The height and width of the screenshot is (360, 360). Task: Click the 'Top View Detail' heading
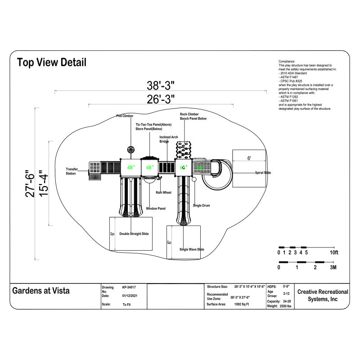(x=51, y=62)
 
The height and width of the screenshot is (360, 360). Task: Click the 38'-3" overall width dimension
(x=161, y=85)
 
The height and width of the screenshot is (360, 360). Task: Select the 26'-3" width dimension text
(x=161, y=99)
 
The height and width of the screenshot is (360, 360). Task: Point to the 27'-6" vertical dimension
(x=30, y=183)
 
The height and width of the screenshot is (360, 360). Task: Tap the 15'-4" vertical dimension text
(x=42, y=183)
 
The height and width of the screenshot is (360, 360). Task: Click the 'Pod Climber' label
(x=125, y=116)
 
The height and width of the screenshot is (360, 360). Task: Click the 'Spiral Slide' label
(x=263, y=172)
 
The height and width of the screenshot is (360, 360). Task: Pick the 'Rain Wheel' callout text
(x=163, y=192)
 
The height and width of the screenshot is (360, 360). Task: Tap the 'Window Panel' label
(x=156, y=208)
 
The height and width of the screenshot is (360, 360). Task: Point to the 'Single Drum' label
(x=201, y=205)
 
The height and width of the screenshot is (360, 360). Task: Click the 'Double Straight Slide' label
(x=134, y=234)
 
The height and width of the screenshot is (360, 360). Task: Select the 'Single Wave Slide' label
(x=192, y=249)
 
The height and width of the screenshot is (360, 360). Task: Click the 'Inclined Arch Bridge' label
(x=168, y=139)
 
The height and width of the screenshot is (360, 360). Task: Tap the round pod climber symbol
(x=131, y=149)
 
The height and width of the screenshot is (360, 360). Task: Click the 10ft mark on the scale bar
(x=333, y=252)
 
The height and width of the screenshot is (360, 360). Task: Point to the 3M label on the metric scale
(x=333, y=267)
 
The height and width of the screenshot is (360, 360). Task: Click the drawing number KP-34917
(x=129, y=287)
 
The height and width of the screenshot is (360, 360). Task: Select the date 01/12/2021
(x=130, y=296)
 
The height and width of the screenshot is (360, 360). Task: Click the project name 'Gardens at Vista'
(x=41, y=291)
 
